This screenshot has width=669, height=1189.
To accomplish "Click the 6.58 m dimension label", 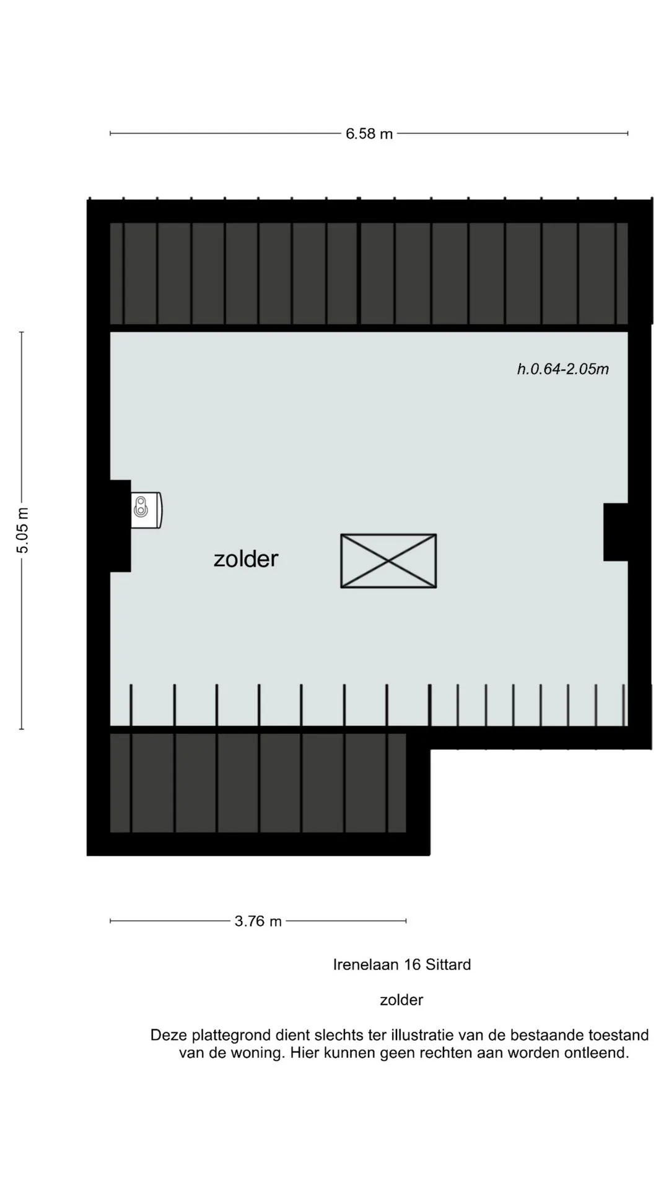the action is point(369,134).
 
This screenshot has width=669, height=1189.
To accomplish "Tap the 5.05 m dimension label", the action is point(23,531).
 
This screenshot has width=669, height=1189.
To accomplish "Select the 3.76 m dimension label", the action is point(258,921).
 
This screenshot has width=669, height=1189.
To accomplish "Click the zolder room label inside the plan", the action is point(246,559).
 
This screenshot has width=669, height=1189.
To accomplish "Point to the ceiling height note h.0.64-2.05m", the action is point(563,369).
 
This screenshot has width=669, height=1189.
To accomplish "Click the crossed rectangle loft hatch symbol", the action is point(388,561).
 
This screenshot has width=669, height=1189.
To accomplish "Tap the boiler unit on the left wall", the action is point(147,510).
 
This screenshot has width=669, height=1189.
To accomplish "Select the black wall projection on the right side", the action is point(616,532).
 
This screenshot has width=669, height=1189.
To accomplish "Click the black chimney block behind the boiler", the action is point(120,526).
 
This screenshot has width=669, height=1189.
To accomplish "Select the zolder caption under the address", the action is point(401,1000).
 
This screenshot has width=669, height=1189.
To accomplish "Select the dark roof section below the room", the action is point(258,783).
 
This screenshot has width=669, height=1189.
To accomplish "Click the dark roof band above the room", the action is point(369,273).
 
